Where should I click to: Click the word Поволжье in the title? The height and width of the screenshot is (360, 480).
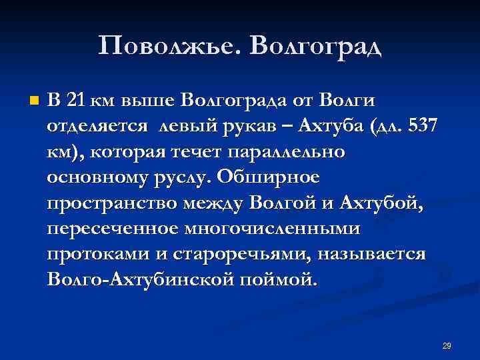pyautogui.click(x=170, y=46)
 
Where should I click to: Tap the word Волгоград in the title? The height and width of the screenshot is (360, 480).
pyautogui.click(x=317, y=46)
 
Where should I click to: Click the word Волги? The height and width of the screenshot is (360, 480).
pyautogui.click(x=347, y=101)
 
